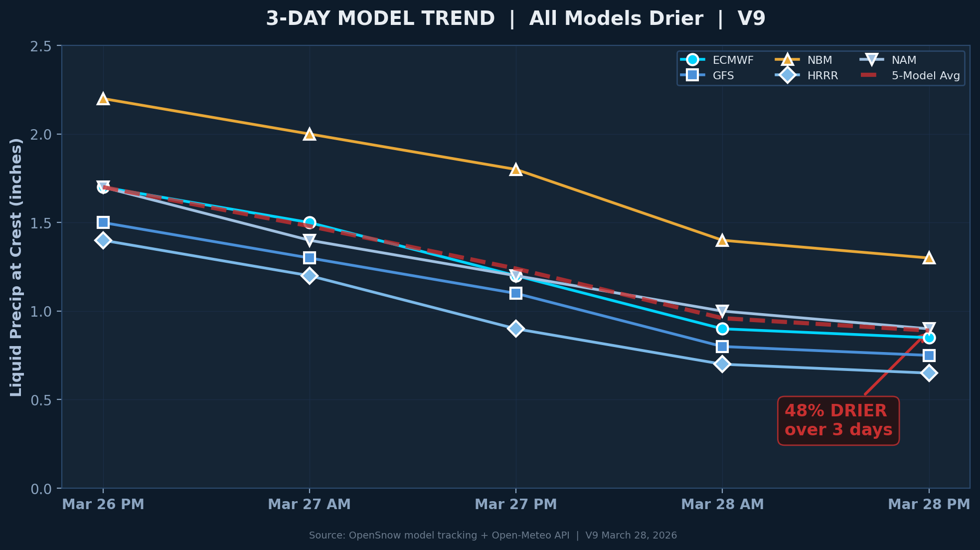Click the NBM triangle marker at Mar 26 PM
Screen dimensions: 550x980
coord(103,99)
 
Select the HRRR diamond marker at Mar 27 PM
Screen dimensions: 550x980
coord(516,329)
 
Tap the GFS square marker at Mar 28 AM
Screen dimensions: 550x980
coord(722,346)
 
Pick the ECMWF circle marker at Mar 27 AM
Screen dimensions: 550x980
coord(310,222)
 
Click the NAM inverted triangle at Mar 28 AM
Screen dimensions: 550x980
coord(722,311)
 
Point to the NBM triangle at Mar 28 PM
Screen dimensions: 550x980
coord(929,258)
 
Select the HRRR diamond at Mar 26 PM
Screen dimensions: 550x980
coord(103,240)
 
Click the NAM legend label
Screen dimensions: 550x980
coord(904,60)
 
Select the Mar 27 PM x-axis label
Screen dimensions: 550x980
coord(516,504)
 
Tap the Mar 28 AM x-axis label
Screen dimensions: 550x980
coord(722,504)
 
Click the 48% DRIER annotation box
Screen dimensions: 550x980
coord(838,420)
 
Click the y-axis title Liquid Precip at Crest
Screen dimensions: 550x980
coord(16,267)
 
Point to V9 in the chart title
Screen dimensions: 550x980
coord(751,19)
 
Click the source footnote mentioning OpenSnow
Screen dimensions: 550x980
coord(492,536)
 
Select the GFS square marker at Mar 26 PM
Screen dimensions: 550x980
coord(103,222)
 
